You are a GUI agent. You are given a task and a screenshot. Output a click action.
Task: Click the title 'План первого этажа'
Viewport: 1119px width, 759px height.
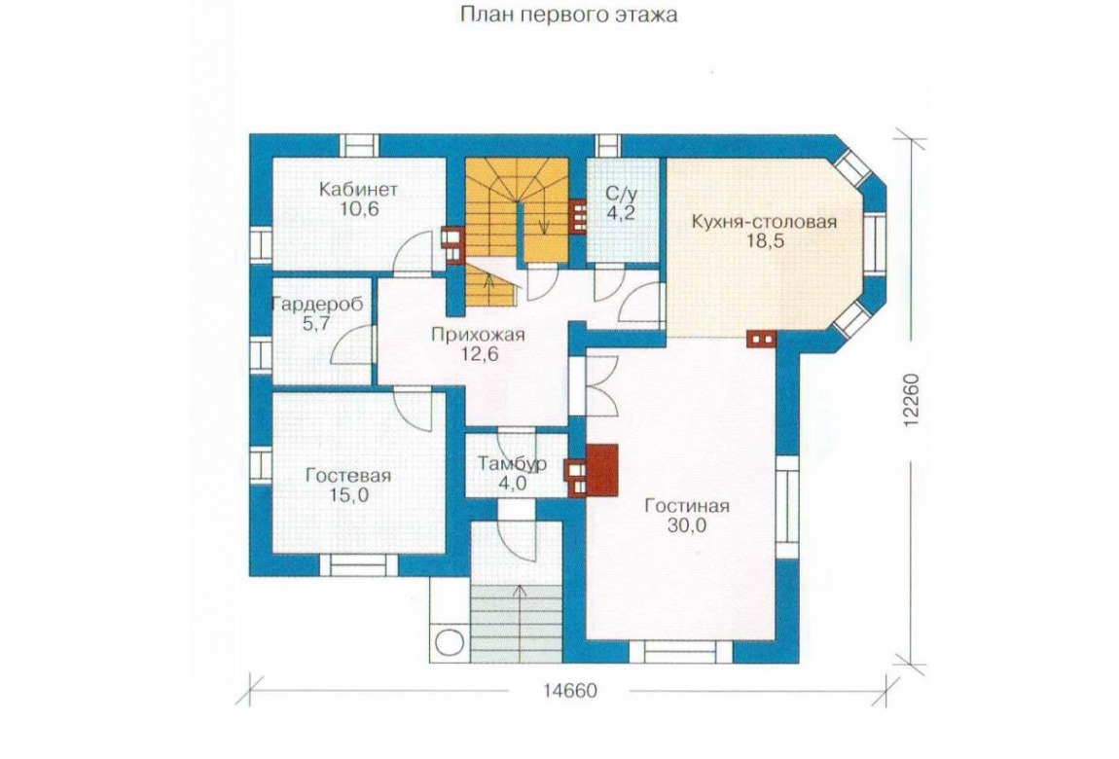click(x=568, y=15)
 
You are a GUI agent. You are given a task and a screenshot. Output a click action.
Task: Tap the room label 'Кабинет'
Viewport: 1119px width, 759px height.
click(x=358, y=190)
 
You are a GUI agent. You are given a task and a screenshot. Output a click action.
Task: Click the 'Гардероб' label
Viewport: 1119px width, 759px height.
click(x=317, y=305)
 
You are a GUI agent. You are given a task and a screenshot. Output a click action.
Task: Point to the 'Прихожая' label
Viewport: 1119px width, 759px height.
click(x=478, y=335)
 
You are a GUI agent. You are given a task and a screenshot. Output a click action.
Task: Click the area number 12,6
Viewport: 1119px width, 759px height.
click(x=479, y=354)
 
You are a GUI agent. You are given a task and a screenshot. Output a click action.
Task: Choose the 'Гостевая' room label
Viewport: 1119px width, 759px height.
click(x=348, y=476)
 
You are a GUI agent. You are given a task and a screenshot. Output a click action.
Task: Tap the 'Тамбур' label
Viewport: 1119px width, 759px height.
click(x=513, y=464)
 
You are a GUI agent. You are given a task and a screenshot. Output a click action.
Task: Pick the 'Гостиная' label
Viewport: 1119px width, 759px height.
click(x=687, y=506)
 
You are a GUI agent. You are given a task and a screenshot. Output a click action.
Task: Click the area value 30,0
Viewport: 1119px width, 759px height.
click(x=687, y=526)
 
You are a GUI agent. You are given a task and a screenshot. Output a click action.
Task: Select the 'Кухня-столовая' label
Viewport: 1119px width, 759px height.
click(x=764, y=222)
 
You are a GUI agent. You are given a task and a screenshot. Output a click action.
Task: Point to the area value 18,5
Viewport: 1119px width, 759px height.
click(x=765, y=241)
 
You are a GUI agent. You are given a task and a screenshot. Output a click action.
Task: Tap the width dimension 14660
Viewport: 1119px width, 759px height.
click(x=569, y=691)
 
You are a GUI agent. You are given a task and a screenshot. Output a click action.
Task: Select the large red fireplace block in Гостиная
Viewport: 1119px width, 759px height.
click(x=601, y=470)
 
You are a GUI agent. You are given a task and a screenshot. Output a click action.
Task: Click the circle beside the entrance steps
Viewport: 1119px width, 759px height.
click(x=449, y=640)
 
